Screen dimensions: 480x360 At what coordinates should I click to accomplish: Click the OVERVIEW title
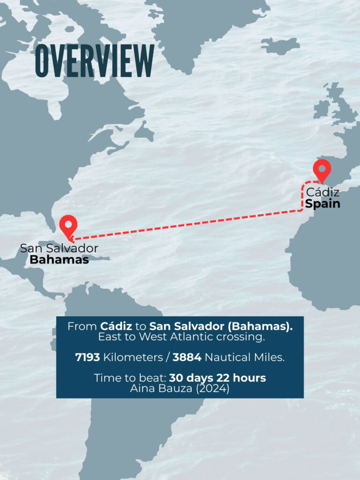(95, 61)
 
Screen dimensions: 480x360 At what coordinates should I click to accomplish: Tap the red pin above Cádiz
(322, 170)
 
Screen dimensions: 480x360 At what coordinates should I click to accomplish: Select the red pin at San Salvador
(69, 226)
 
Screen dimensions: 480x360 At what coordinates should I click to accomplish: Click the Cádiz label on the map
(322, 193)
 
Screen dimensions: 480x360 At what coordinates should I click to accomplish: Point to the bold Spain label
(322, 204)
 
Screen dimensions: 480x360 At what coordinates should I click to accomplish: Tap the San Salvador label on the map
(59, 248)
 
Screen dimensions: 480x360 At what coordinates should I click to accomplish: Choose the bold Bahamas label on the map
(59, 260)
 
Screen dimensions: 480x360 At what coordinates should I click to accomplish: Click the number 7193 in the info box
(88, 358)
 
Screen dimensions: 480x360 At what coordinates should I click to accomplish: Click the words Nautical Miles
(244, 358)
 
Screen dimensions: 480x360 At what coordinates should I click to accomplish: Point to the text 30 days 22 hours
(217, 378)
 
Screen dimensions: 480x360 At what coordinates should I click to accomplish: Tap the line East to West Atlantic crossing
(180, 337)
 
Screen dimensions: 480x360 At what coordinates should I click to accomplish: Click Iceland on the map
(280, 45)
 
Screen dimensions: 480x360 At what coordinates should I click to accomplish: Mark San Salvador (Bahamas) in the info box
(221, 326)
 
